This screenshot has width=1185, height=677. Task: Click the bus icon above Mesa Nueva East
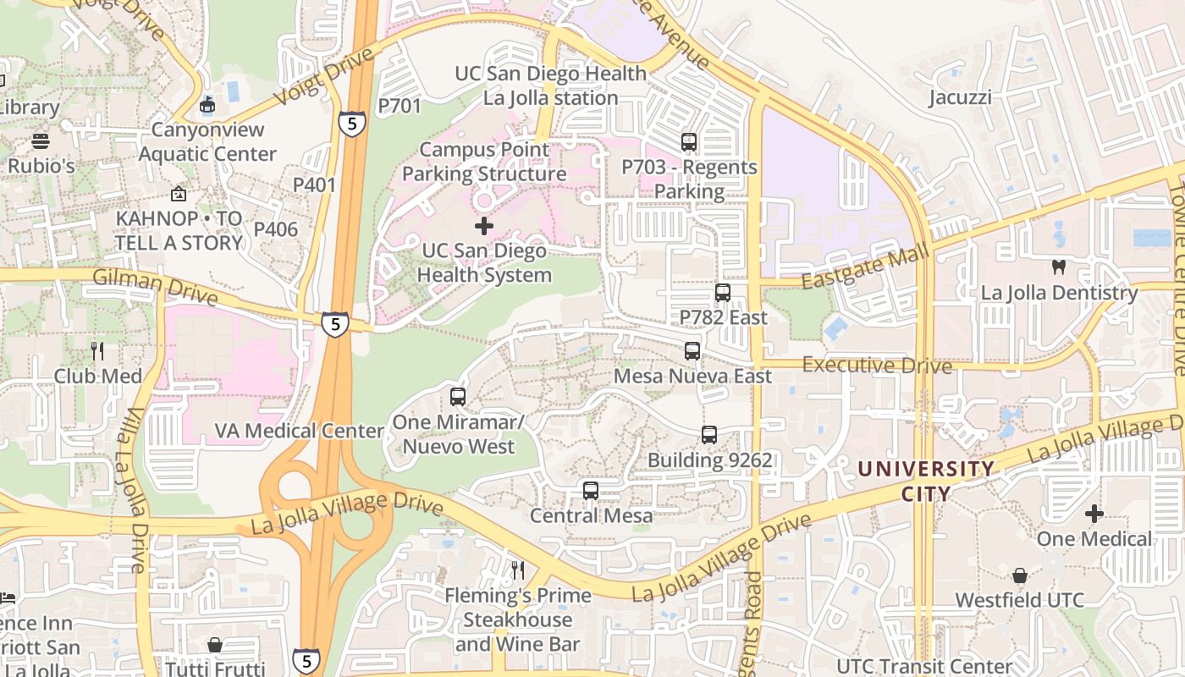click(x=692, y=350)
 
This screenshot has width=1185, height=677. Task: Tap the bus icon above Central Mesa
click(x=591, y=490)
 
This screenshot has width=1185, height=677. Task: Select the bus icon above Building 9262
click(x=709, y=435)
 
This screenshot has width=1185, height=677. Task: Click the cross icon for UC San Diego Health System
click(x=484, y=226)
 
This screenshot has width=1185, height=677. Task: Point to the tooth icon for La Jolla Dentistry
click(x=1058, y=267)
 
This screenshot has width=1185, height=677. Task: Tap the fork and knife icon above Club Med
click(x=97, y=350)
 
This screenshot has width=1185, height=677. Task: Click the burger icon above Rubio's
click(x=41, y=140)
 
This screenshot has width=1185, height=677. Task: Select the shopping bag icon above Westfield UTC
click(x=1020, y=575)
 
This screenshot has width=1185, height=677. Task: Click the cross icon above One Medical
click(x=1094, y=514)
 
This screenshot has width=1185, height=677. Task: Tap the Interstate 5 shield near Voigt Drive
click(x=352, y=124)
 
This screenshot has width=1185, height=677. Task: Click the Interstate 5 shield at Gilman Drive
click(x=335, y=323)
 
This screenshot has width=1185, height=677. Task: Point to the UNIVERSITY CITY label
click(x=926, y=480)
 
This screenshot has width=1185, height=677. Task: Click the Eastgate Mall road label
click(x=865, y=267)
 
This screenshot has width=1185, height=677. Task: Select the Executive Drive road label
click(x=877, y=366)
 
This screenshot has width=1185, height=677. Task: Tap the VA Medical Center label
click(x=299, y=431)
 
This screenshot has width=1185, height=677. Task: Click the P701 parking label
click(x=399, y=106)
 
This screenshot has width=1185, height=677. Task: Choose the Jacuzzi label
click(x=960, y=97)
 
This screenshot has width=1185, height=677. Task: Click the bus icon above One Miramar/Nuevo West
click(x=458, y=396)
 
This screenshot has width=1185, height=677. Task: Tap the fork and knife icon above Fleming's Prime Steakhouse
click(x=518, y=570)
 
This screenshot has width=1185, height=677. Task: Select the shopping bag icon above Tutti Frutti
click(x=215, y=645)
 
